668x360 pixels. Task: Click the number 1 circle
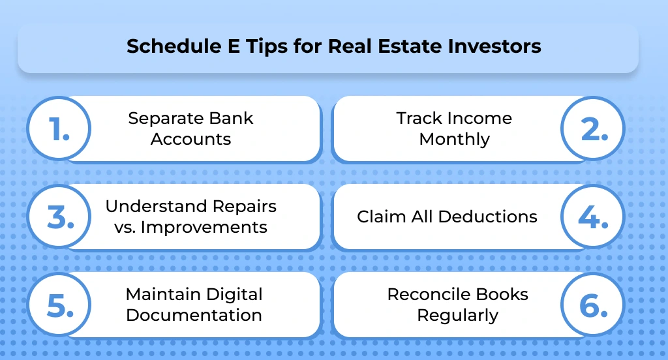tap(59, 129)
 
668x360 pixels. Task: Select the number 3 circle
tap(59, 217)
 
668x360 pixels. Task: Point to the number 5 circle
tap(59, 305)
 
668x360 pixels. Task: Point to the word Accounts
tap(190, 140)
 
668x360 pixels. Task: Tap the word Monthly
tap(454, 140)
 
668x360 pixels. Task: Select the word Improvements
tap(207, 228)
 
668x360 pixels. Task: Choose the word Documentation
tap(194, 315)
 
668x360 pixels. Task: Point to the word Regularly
tap(457, 316)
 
